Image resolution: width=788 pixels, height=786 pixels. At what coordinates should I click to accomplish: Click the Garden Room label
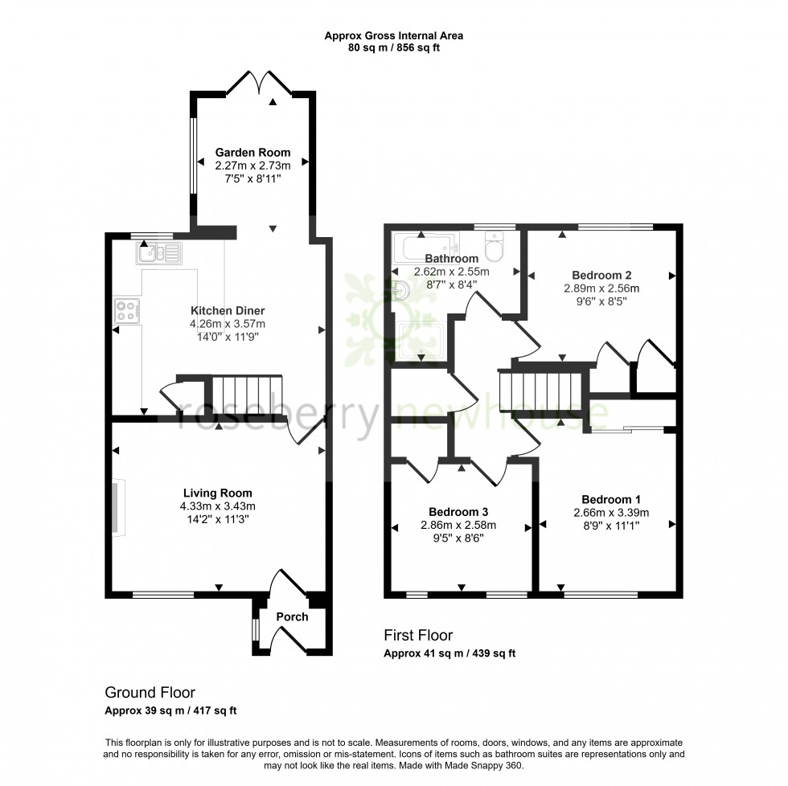coord(252,152)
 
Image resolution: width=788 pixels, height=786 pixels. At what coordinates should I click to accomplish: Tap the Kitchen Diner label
coord(228,311)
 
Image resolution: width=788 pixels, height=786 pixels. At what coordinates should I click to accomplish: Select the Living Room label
coord(218,493)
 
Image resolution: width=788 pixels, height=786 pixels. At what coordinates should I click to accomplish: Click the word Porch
coord(292,617)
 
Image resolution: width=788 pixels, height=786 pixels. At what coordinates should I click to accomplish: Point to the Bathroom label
coord(451,259)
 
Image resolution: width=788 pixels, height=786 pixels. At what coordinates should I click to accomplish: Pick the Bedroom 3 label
coord(458,512)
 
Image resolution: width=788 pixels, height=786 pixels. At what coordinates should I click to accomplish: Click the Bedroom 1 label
coord(611,498)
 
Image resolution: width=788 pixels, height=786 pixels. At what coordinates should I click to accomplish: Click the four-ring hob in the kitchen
coord(127,310)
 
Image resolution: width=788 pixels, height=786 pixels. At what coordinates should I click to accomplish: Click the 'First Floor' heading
coord(418,636)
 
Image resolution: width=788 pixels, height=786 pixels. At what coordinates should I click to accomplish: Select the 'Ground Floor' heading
coord(150,692)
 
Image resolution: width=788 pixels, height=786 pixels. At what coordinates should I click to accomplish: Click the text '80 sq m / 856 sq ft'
coord(393,47)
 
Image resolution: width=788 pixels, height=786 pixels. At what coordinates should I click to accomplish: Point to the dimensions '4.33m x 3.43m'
coord(218,506)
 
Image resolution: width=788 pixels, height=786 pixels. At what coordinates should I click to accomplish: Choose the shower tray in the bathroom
coord(421,342)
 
